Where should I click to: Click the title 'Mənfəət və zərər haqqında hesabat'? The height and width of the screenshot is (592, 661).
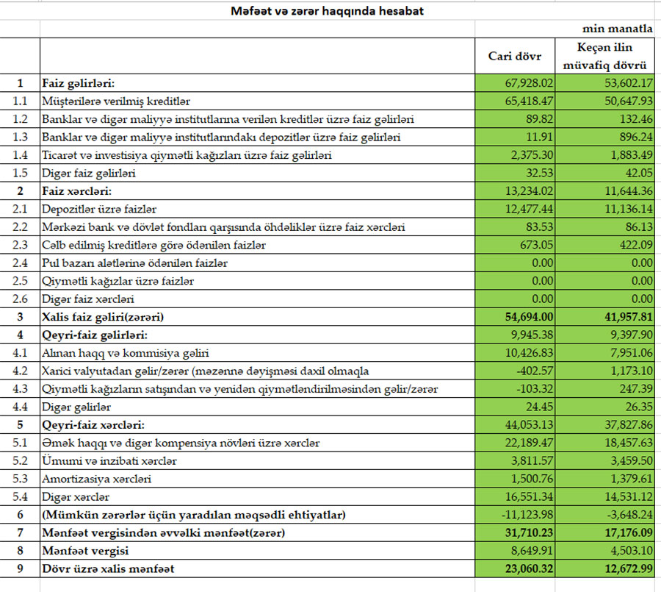pyautogui.click(x=328, y=11)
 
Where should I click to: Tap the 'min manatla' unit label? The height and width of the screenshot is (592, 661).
pyautogui.click(x=618, y=29)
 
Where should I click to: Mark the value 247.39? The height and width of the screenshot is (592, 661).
pyautogui.click(x=634, y=389)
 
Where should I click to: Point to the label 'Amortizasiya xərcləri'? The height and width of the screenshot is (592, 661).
pyautogui.click(x=97, y=479)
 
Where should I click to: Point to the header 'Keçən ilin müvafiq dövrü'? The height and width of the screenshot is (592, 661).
pyautogui.click(x=604, y=56)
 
